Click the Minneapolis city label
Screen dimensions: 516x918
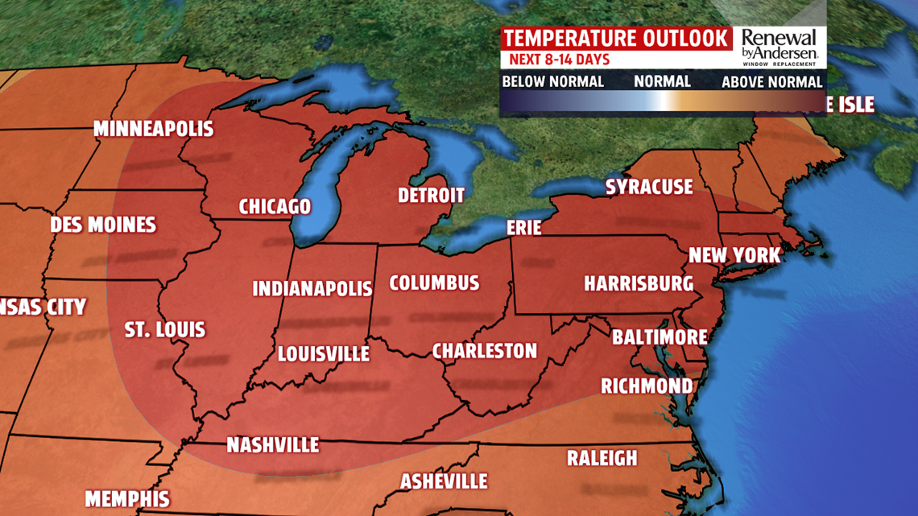tap(153, 129)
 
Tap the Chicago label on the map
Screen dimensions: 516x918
tap(275, 206)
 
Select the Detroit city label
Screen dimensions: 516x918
tap(431, 195)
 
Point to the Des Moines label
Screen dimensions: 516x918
tap(103, 225)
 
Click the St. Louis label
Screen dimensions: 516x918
tap(165, 329)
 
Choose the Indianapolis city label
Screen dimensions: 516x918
tap(312, 288)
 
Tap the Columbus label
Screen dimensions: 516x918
tap(434, 283)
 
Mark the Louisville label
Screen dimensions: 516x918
tap(323, 353)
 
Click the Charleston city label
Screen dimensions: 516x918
tap(484, 351)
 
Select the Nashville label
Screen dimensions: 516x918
tap(272, 445)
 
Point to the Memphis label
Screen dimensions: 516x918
tap(127, 498)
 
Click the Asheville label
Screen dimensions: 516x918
tap(444, 481)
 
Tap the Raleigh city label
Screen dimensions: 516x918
tap(602, 458)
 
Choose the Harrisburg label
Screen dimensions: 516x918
tap(638, 283)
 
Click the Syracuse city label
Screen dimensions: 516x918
tap(648, 188)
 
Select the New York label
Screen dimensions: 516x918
tap(734, 256)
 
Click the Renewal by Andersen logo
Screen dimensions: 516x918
tap(779, 47)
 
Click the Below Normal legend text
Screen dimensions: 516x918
tap(552, 81)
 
